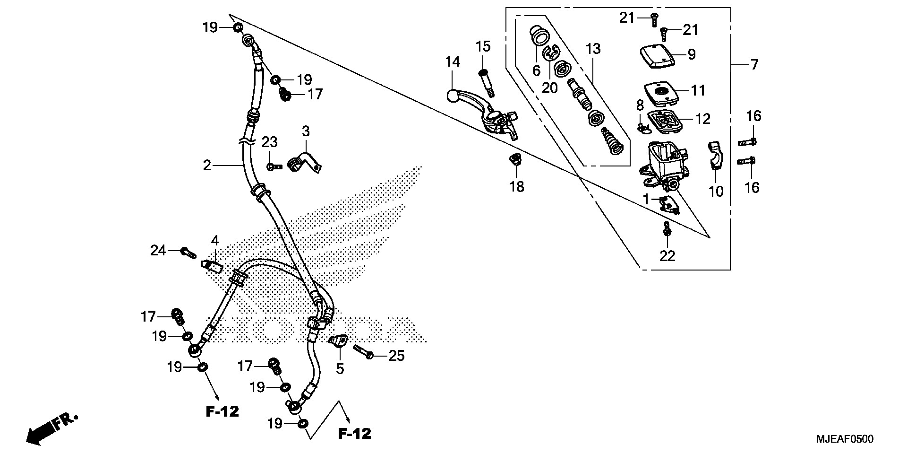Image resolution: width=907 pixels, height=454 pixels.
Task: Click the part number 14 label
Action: (x=452, y=62)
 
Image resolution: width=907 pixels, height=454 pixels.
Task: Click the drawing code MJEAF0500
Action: (x=845, y=439)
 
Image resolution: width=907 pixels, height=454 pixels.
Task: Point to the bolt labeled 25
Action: (x=364, y=352)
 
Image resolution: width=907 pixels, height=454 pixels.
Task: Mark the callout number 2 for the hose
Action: (x=206, y=166)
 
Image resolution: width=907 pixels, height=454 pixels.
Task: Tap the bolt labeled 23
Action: (x=274, y=166)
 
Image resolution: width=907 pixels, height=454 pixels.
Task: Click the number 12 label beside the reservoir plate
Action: (x=703, y=119)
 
